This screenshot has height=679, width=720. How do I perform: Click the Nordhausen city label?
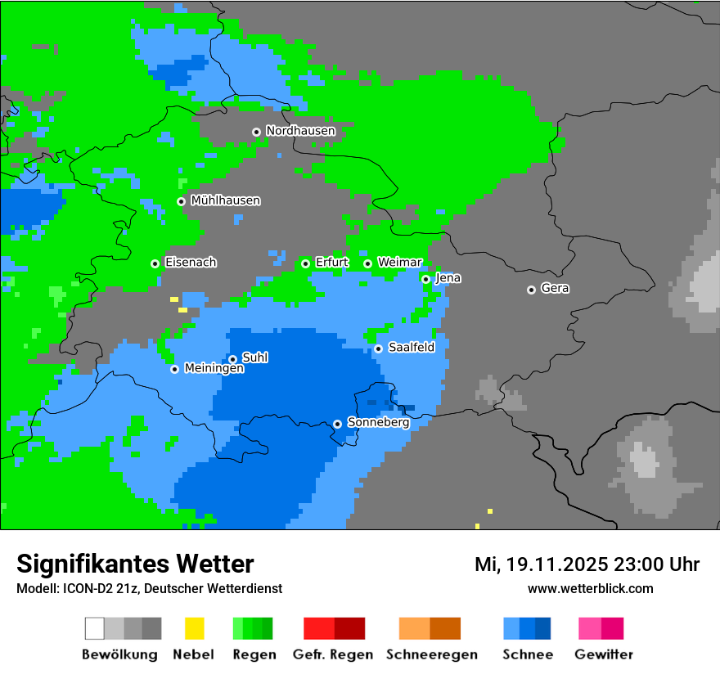coord(300,131)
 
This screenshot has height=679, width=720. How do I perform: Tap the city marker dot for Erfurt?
coord(305,263)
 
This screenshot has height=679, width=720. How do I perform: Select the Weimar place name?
coord(400,263)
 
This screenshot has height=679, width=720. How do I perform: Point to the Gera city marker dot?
coord(531,290)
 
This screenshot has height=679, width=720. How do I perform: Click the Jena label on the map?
coord(448,278)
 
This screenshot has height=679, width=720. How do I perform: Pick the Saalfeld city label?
coord(412,348)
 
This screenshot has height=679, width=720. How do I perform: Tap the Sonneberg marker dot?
coord(337,424)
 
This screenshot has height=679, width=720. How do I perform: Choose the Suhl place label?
coord(255,357)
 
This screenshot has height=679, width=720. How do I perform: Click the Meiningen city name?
coord(214,369)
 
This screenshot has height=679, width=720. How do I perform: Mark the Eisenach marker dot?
coord(155,263)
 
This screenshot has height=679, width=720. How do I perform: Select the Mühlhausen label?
coord(225,200)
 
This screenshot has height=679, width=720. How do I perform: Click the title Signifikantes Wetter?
coord(135,564)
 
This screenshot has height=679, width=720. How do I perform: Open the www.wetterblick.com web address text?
coord(590,588)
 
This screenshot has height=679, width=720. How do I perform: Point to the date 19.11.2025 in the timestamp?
coord(557,564)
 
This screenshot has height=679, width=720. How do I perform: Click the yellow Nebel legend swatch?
coord(194,628)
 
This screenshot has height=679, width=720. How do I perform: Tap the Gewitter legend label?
coord(604,654)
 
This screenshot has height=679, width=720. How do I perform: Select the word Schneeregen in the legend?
coord(432,654)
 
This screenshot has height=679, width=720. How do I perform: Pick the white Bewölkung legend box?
coord(95,628)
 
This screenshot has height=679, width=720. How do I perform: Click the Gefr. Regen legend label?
coord(333,654)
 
